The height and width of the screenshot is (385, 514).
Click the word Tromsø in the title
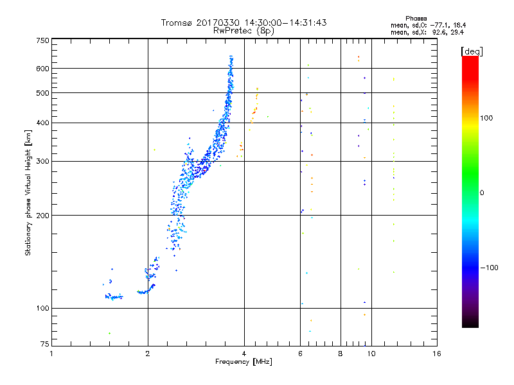(177, 22)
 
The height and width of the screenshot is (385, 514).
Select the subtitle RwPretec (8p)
(244, 31)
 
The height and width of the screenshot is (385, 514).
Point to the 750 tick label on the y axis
(43, 40)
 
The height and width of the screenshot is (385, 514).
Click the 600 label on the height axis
(43, 69)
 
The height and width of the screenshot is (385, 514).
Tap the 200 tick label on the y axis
(43, 216)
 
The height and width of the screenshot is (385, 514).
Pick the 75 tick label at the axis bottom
(45, 344)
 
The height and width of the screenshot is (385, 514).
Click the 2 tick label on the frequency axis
(148, 354)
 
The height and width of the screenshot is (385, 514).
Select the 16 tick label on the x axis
(437, 354)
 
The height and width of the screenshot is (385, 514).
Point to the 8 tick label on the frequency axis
(341, 354)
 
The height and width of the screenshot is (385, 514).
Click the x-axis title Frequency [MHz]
(244, 362)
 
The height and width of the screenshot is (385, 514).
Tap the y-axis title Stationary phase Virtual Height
(28, 193)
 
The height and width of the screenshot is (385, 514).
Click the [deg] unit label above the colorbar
(472, 51)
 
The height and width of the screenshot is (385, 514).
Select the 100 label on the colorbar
(486, 118)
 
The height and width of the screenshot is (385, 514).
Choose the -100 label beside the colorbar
(490, 268)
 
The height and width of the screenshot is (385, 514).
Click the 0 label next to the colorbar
(482, 193)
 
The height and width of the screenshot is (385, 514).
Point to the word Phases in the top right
(416, 19)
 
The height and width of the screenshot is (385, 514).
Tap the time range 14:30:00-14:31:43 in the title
(285, 22)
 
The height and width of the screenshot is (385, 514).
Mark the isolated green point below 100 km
(109, 333)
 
